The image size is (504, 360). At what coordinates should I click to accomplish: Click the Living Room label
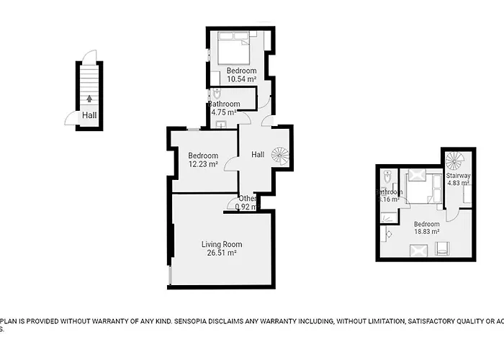[222, 244]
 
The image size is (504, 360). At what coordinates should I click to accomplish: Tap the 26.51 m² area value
[222, 253]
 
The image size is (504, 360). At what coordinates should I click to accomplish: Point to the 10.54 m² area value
[241, 79]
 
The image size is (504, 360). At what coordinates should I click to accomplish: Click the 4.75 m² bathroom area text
[224, 112]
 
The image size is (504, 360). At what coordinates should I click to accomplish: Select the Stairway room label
[458, 176]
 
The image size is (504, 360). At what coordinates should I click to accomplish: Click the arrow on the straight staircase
[89, 99]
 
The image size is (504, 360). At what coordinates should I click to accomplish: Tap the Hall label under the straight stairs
[89, 115]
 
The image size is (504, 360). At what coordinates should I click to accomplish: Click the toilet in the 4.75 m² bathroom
[217, 93]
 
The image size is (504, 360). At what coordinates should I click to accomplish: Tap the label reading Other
[248, 199]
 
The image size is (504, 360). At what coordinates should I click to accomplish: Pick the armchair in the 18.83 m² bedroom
[442, 249]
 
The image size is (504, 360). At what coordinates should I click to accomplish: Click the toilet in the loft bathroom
[387, 177]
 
